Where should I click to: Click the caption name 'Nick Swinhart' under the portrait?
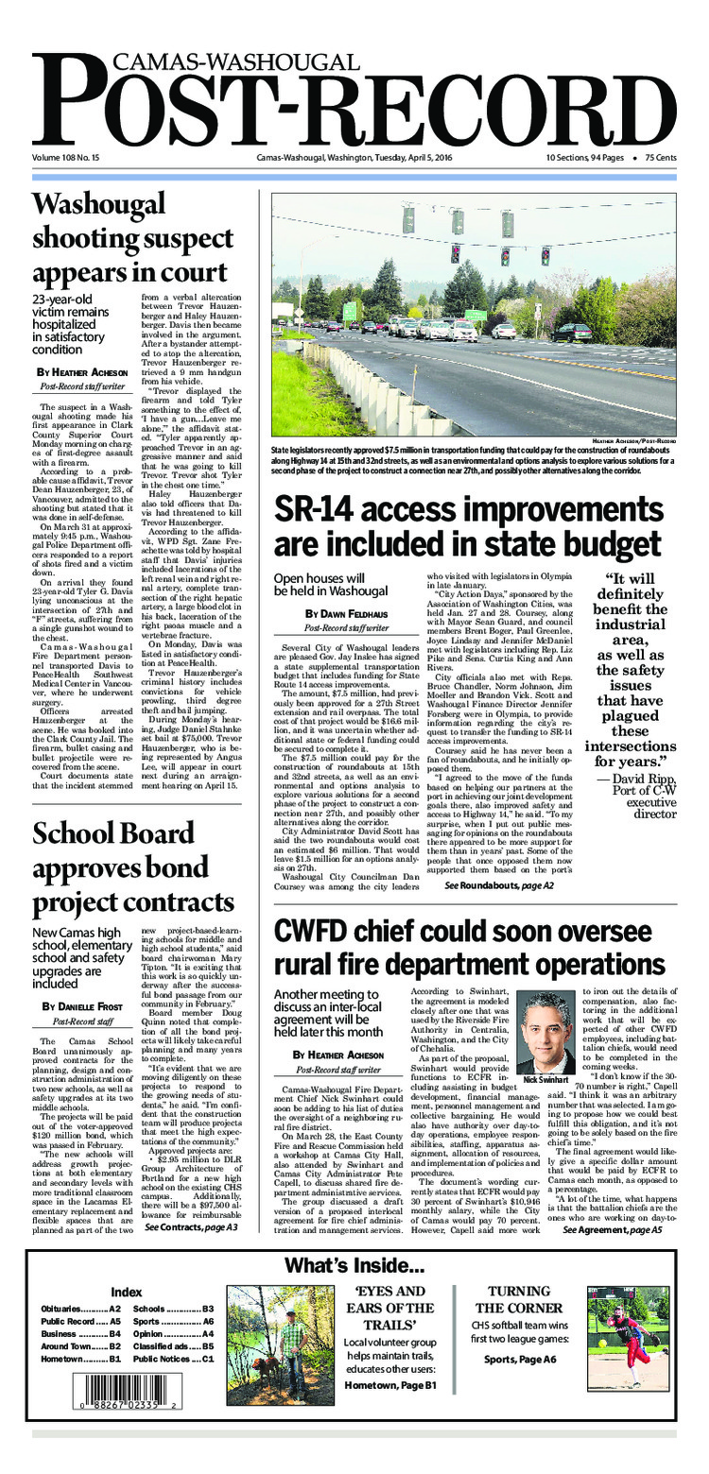545,1080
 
